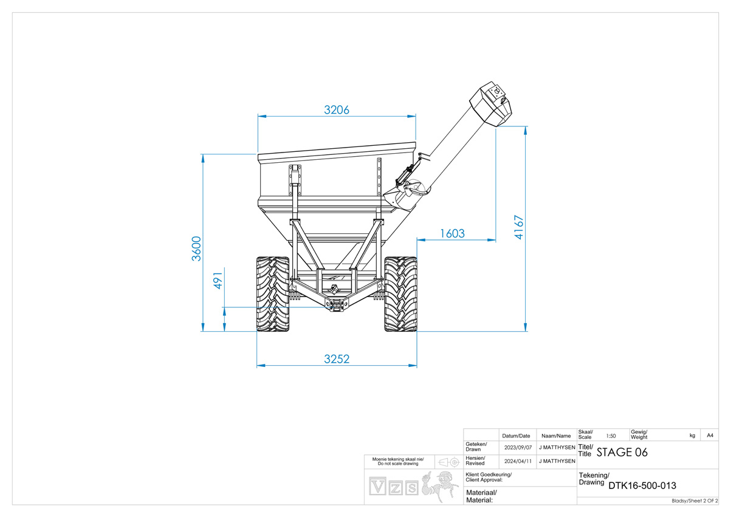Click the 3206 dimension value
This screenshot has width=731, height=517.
[337, 110]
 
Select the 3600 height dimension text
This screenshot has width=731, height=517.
[196, 248]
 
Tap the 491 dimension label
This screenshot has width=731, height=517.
[218, 281]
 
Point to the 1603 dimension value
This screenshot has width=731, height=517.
[452, 233]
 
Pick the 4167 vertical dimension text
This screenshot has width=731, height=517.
[518, 227]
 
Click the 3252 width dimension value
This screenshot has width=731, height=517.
[337, 359]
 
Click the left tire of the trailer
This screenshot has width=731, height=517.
[273, 294]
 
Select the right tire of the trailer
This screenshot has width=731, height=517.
[401, 294]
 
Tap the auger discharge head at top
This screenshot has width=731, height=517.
[491, 104]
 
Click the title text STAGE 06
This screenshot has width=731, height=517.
[622, 453]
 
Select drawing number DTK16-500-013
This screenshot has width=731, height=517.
[642, 485]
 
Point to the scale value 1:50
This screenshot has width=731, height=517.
[611, 436]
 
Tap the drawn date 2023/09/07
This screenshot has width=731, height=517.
[518, 448]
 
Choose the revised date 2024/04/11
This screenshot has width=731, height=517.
[518, 461]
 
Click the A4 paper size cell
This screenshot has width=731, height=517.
[710, 436]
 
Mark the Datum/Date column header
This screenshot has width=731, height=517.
[516, 436]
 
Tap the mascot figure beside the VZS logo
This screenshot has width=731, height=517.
[439, 487]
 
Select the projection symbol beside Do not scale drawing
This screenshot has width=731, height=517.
[449, 462]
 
